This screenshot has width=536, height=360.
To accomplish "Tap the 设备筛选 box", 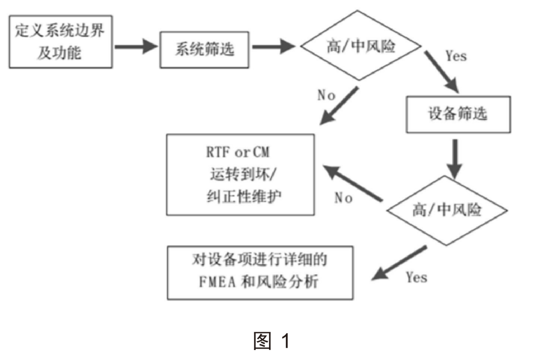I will (458, 115).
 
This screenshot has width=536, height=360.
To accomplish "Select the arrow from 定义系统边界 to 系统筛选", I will (135, 48).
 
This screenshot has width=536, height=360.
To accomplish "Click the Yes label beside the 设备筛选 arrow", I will (456, 56).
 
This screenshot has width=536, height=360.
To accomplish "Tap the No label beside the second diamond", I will (343, 198).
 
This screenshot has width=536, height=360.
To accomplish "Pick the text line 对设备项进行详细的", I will (260, 260).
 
